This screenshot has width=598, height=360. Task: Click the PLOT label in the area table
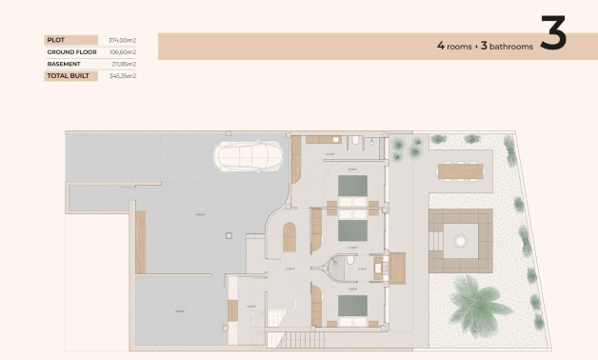pyautogui.click(x=54, y=40)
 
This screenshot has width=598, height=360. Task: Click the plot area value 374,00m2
pyautogui.click(x=123, y=40)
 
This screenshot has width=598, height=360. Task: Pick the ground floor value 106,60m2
pyautogui.click(x=123, y=51)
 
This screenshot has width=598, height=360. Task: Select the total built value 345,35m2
pyautogui.click(x=123, y=75)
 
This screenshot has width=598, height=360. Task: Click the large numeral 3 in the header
pyautogui.click(x=553, y=34)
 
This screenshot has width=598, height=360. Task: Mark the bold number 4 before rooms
pyautogui.click(x=440, y=45)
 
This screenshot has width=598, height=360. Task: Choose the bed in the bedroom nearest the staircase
pyautogui.click(x=351, y=307)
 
